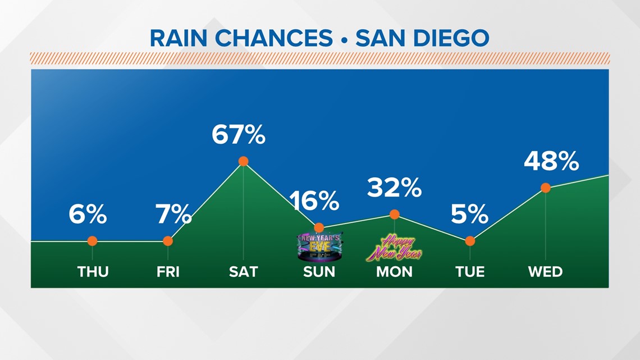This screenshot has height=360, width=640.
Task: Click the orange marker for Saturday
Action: point(244,161)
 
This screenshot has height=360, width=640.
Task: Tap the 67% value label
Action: point(239,135)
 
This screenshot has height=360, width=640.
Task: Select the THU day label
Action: point(93,272)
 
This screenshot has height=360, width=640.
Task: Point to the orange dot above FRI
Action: point(168,241)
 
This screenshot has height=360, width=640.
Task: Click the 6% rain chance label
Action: point(88,214)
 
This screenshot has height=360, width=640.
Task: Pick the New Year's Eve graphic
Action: point(318,247)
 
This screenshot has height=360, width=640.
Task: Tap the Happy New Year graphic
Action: point(394,248)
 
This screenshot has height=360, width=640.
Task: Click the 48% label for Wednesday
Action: point(551,162)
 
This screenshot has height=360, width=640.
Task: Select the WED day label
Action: point(545,272)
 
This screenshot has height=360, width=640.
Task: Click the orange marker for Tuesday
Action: point(470,241)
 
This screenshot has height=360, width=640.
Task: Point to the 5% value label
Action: point(469,214)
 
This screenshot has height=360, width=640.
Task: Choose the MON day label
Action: point(394,272)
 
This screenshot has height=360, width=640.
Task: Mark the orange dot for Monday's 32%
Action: point(395,214)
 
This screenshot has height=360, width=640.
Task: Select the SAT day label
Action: point(244,272)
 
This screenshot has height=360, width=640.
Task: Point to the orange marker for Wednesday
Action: point(545,188)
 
